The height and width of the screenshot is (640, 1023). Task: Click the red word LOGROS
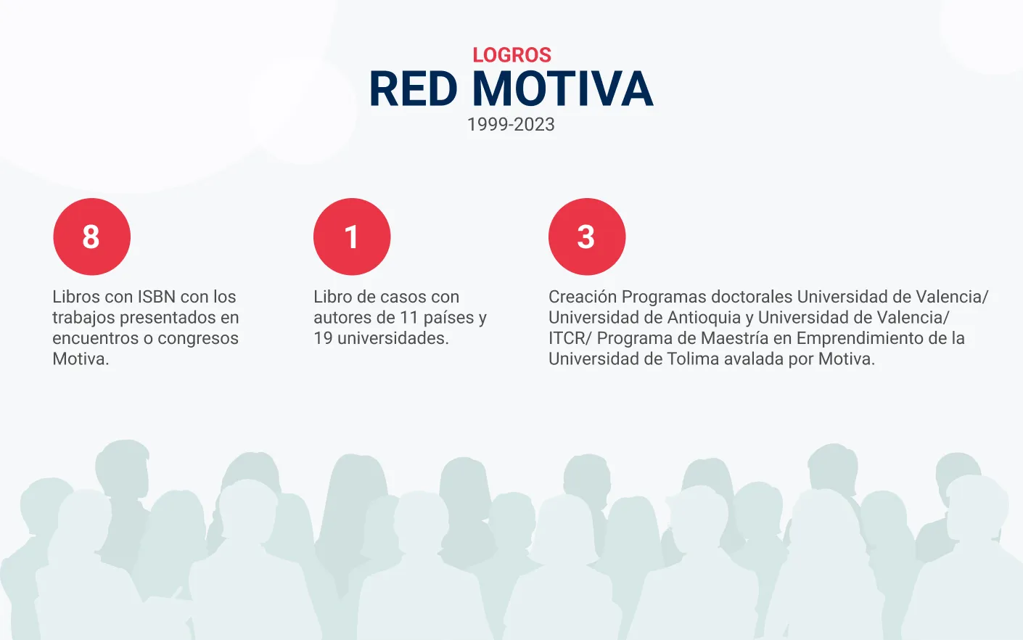pyautogui.click(x=511, y=55)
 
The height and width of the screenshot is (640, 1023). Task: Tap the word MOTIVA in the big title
pyautogui.click(x=562, y=89)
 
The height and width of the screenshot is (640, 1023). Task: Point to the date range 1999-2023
pyautogui.click(x=511, y=124)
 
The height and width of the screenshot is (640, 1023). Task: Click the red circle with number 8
pyautogui.click(x=92, y=237)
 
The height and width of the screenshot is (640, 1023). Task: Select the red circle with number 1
pyautogui.click(x=352, y=237)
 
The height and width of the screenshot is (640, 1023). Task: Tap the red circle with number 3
pyautogui.click(x=587, y=237)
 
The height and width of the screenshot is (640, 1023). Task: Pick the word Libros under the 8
pyautogui.click(x=75, y=297)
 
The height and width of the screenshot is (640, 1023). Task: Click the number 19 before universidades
pyautogui.click(x=323, y=338)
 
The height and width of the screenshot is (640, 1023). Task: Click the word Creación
pyautogui.click(x=583, y=297)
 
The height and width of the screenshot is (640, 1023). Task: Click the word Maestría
pyautogui.click(x=734, y=338)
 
